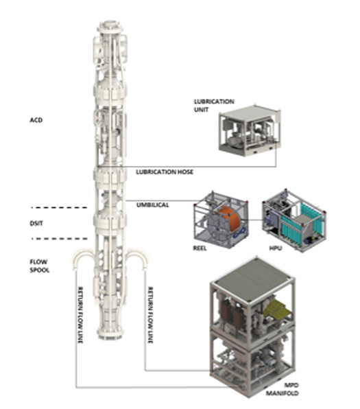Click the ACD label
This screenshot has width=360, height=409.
point(36,120)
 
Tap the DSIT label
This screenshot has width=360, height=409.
point(36,223)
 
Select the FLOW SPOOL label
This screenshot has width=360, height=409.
point(40,266)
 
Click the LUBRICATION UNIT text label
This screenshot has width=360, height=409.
point(214,106)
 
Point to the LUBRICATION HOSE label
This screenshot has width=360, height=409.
point(165,172)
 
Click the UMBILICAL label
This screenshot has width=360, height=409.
point(153,205)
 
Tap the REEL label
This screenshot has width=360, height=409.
point(200,248)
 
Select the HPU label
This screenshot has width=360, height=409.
point(276,248)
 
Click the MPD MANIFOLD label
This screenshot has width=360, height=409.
point(283,389)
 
